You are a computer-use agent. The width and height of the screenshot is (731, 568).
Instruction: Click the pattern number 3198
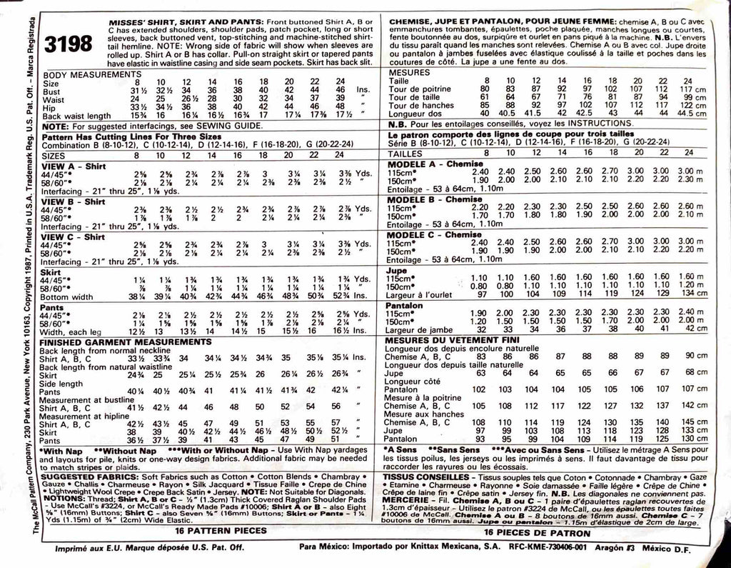click(68, 45)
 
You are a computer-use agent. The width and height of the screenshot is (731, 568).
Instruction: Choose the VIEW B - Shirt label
click(74, 201)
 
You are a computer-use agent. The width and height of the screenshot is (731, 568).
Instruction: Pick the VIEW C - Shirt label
click(74, 236)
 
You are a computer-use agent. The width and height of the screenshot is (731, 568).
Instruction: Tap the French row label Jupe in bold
click(397, 271)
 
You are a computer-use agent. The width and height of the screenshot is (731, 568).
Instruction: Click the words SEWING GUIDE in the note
click(233, 124)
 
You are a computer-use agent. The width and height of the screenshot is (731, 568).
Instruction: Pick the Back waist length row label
click(76, 116)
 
